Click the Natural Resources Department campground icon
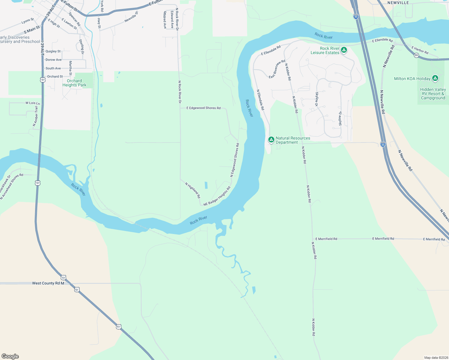pos(271,139)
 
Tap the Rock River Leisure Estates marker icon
pos(344,50)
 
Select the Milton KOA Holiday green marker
pos(435,79)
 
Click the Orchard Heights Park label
pos(74,83)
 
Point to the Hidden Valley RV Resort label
pos(433,94)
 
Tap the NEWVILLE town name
pos(398,3)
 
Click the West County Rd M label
pos(48,283)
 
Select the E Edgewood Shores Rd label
pos(203,108)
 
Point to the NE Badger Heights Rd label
pos(217,196)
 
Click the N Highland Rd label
pos(193,190)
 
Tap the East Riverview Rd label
pos(277,69)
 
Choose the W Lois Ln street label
pos(32,103)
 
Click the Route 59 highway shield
pos(416,55)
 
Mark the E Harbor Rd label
pos(420,50)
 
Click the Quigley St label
pos(53,51)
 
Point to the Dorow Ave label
pos(53,60)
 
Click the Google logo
pos(10,356)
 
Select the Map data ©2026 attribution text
pos(436,358)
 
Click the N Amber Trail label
pos(36,116)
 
